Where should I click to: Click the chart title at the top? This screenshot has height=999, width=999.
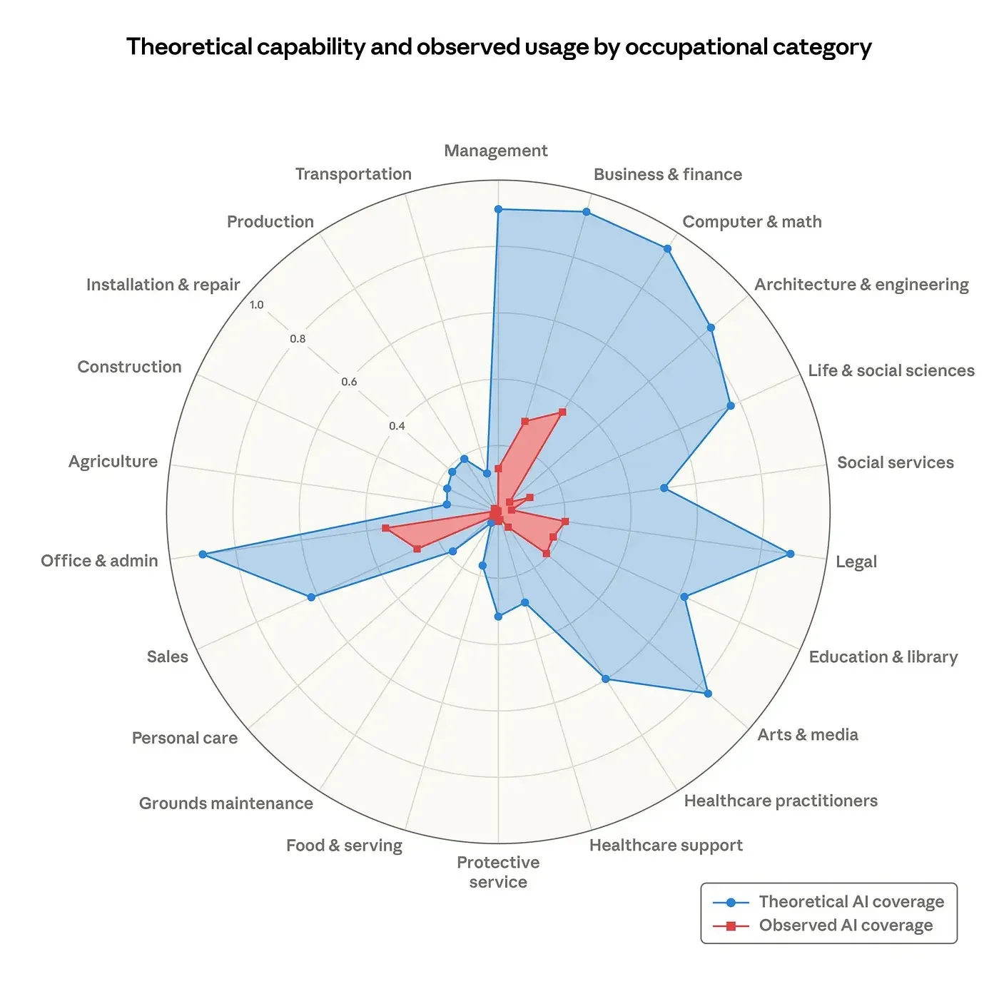(x=499, y=47)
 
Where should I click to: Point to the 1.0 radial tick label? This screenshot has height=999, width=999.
(x=256, y=305)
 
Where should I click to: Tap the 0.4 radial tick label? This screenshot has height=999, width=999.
(x=397, y=426)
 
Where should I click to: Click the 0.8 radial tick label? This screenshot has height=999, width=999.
(x=298, y=339)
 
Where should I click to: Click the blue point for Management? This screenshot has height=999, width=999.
(x=498, y=209)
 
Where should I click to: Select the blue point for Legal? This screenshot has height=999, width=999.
(x=790, y=554)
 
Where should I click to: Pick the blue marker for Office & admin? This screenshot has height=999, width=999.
(x=203, y=554)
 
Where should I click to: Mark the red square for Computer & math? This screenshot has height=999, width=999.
(x=562, y=412)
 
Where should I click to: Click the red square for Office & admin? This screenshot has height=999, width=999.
(x=385, y=528)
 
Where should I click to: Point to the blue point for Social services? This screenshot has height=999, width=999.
(x=664, y=488)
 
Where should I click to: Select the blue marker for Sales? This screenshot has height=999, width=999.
(x=311, y=597)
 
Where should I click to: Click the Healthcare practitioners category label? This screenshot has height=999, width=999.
(x=780, y=801)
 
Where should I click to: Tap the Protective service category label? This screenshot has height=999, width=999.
(x=498, y=872)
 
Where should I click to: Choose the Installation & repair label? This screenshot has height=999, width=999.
(x=163, y=285)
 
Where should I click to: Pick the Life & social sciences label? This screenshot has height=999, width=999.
(x=891, y=370)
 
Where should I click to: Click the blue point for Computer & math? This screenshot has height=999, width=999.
(x=667, y=248)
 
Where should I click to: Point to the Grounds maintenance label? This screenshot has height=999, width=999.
(x=225, y=803)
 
